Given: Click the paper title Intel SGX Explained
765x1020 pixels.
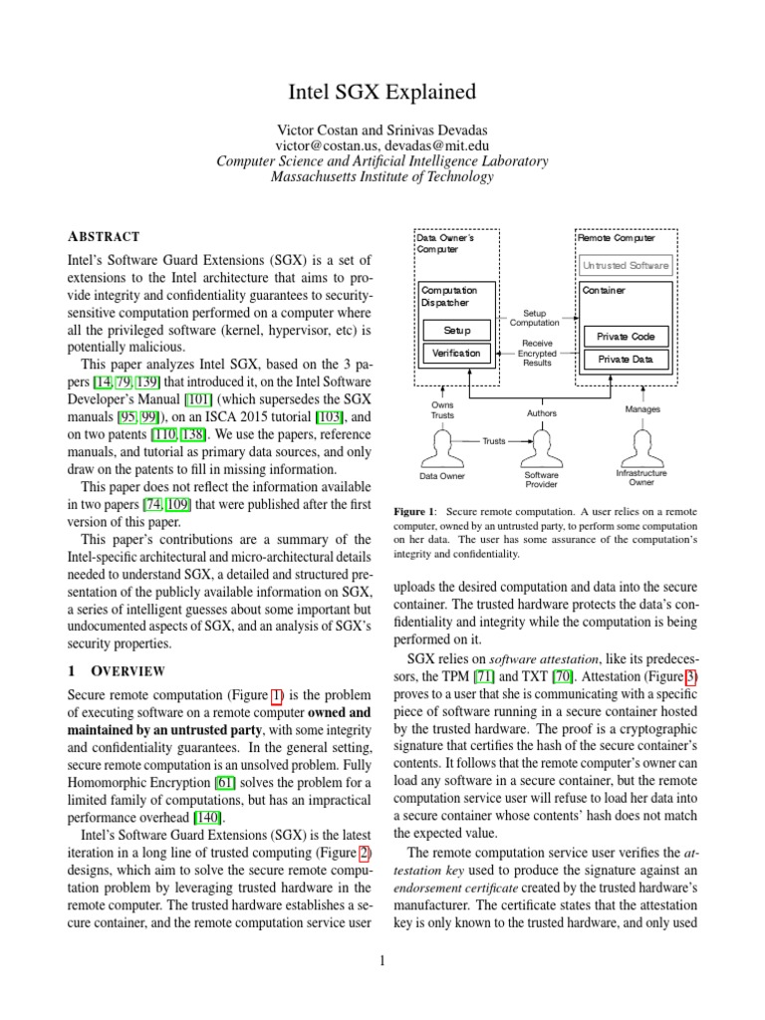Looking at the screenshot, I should [382, 94].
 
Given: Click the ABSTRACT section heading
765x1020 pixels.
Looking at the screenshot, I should [105, 237].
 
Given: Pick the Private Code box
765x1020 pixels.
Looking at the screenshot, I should [626, 337].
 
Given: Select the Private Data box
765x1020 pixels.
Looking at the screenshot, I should [626, 359].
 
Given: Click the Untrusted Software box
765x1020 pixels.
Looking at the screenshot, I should [626, 266].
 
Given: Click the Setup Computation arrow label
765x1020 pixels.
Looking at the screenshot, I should [535, 317].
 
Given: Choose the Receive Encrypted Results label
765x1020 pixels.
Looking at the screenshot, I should [537, 353].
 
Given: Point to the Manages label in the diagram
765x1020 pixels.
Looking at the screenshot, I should [642, 409].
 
